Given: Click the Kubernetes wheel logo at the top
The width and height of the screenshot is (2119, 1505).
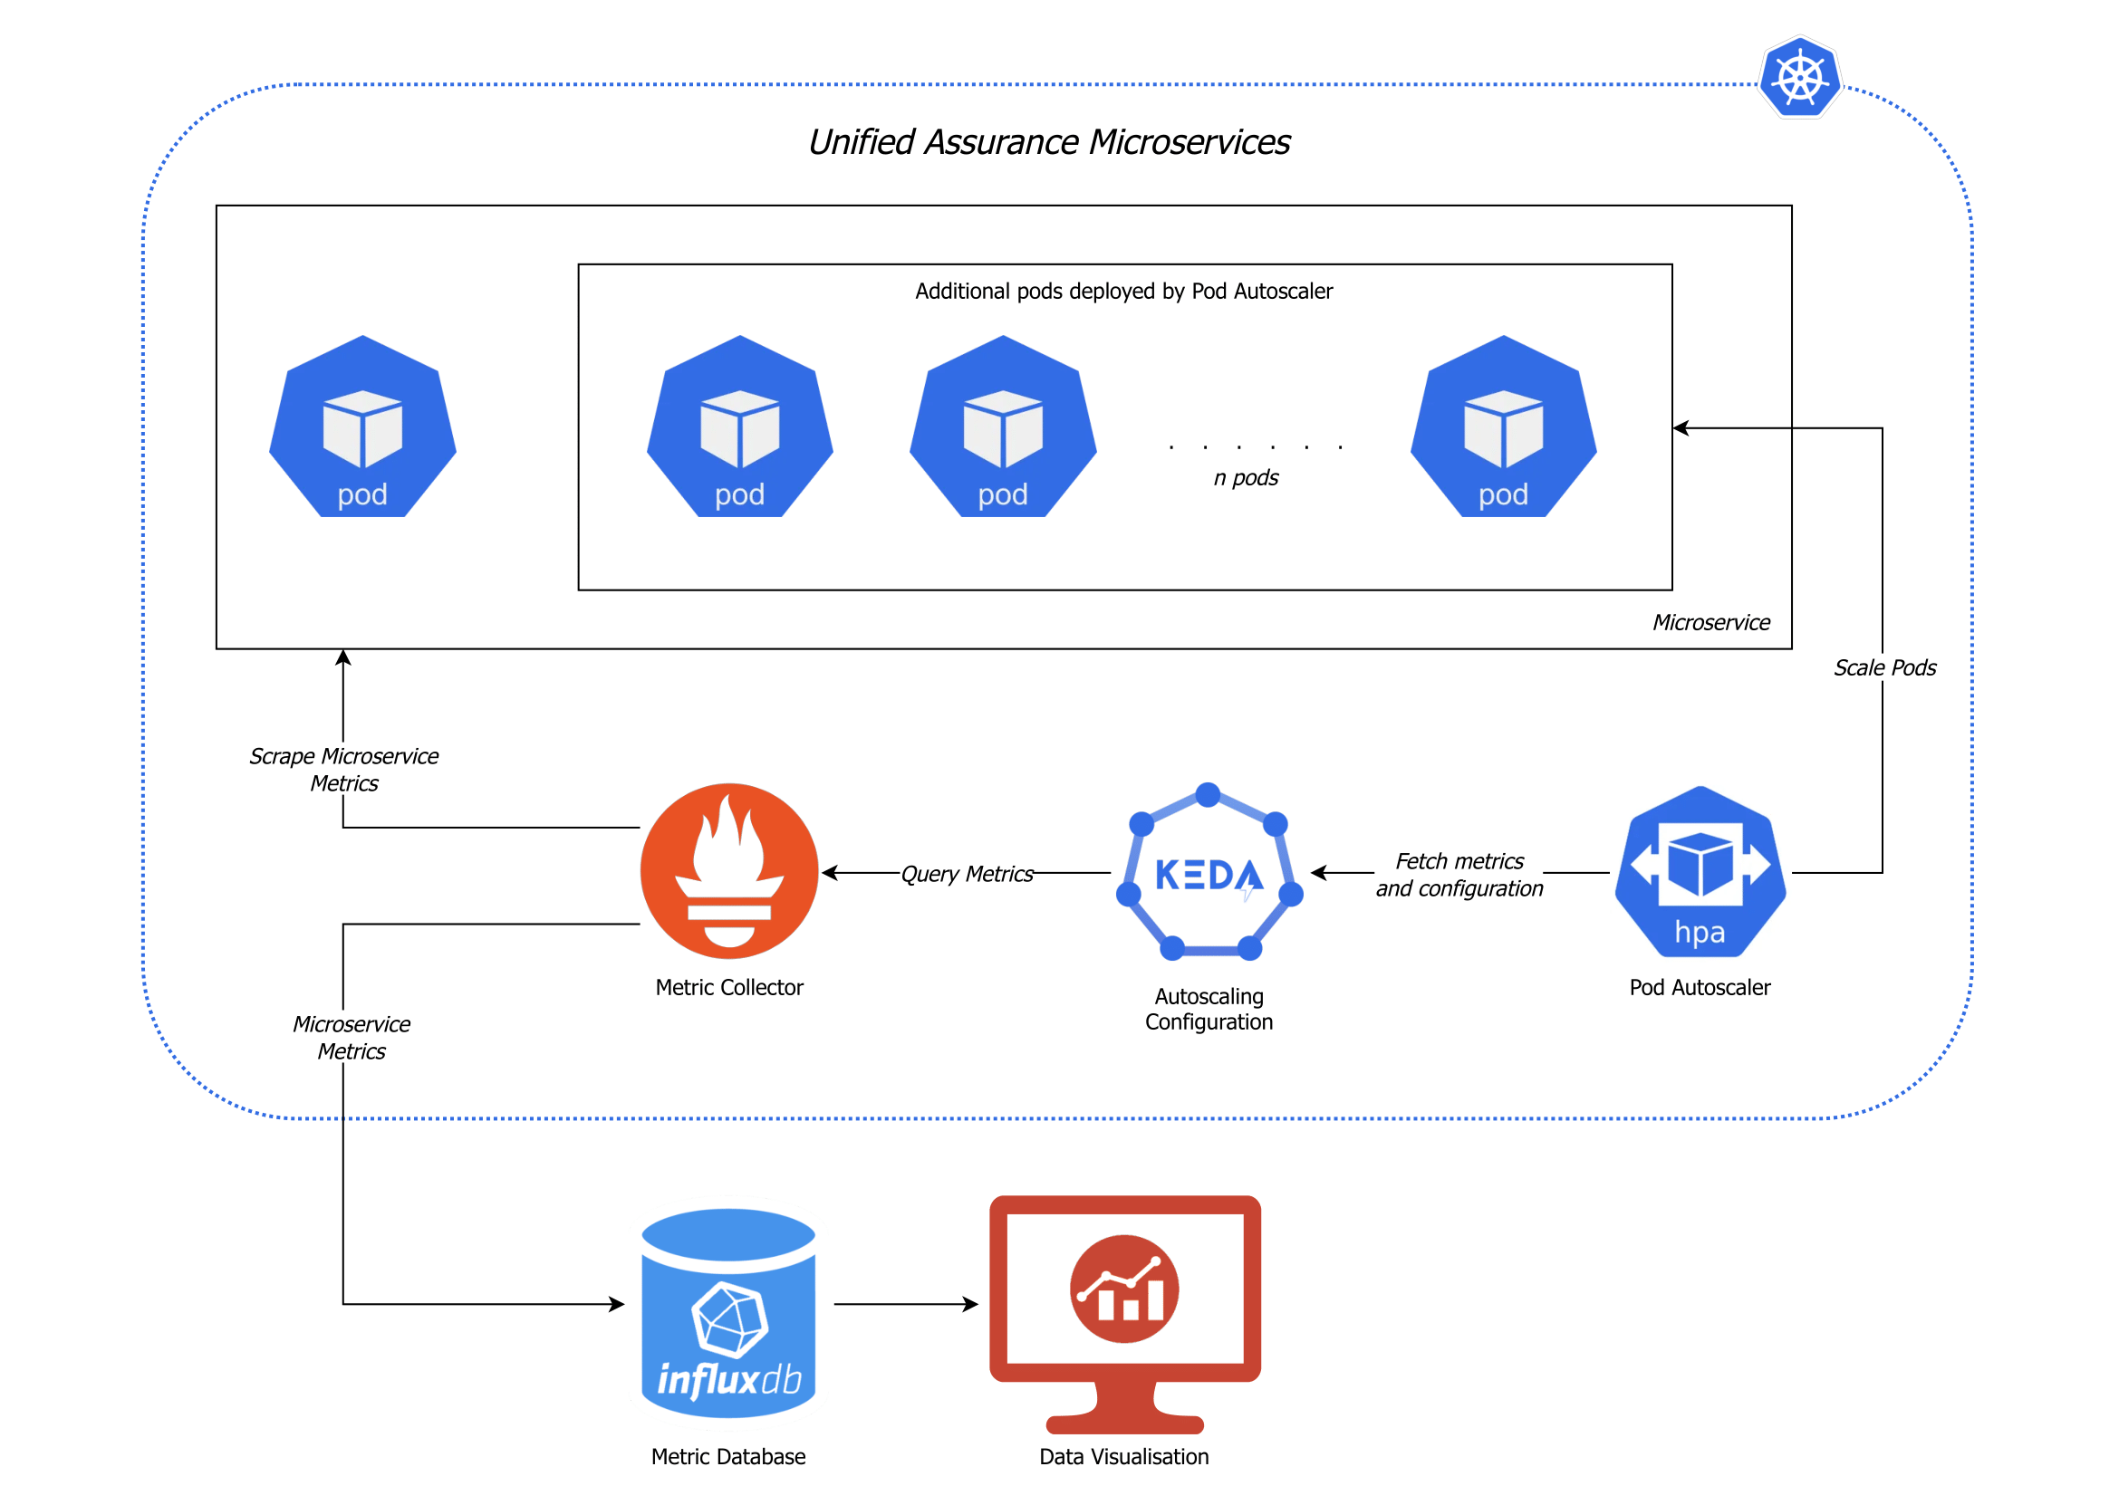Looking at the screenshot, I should coord(1799,78).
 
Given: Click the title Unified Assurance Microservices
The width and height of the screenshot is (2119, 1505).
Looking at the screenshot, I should coord(1048,142).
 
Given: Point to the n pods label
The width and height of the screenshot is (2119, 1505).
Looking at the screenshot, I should coord(1245,477).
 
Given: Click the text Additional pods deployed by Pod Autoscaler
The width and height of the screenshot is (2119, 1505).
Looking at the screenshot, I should coord(1123,291).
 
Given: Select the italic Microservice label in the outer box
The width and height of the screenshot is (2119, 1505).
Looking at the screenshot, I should coord(1710,622).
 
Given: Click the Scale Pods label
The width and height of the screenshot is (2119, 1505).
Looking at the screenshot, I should coord(1883,667).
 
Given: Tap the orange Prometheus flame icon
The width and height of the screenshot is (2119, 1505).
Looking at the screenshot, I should coord(728,871).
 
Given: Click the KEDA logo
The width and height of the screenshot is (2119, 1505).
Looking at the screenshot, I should coord(1208,873).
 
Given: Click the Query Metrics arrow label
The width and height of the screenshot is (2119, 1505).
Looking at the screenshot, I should coord(966,874).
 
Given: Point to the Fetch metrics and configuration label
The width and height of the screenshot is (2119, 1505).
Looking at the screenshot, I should coord(1458,874).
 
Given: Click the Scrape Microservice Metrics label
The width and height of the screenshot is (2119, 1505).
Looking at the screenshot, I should coord(344,769).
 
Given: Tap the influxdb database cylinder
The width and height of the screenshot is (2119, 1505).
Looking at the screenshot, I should coord(728,1312).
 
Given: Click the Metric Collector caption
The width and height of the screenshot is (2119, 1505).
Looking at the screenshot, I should coord(728,987).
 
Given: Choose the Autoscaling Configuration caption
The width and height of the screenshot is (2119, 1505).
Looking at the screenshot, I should coord(1208,1008).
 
